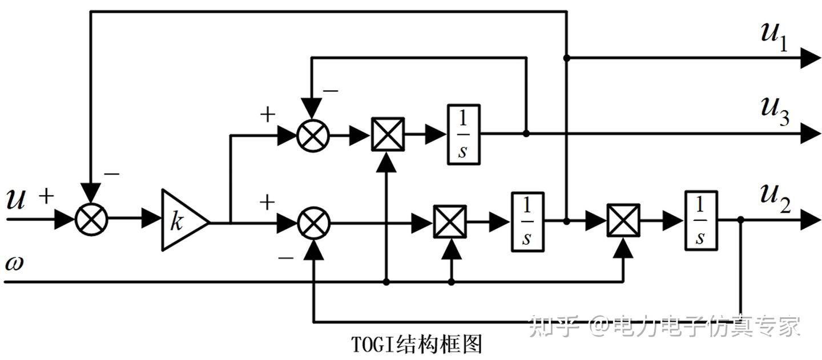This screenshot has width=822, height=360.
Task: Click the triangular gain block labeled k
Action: pyautogui.click(x=182, y=220)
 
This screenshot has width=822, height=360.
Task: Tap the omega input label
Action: pyautogui.click(x=14, y=264)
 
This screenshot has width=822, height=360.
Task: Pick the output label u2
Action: pyautogui.click(x=775, y=200)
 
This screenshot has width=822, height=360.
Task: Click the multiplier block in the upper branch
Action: pyautogui.click(x=388, y=135)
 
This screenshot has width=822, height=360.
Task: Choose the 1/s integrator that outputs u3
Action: pyautogui.click(x=464, y=135)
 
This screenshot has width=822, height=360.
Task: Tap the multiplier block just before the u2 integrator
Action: pyautogui.click(x=623, y=220)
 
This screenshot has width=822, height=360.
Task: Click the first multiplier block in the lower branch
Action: pyautogui.click(x=450, y=221)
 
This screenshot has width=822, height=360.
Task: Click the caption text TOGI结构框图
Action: pyautogui.click(x=416, y=344)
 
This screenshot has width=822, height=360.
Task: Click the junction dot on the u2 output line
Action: pyautogui.click(x=740, y=220)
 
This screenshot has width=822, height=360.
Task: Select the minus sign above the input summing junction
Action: pyautogui.click(x=112, y=174)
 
